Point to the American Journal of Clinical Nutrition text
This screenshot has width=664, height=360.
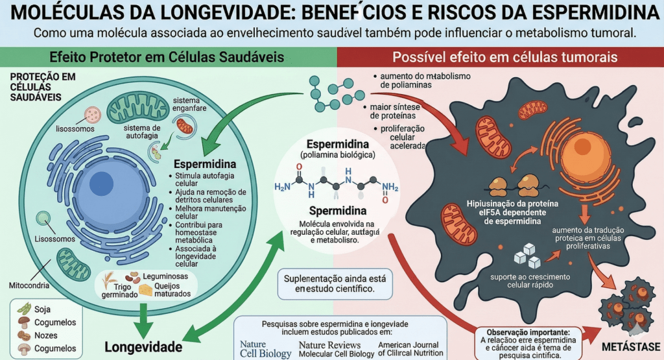410,349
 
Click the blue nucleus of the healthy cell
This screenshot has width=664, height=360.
103,182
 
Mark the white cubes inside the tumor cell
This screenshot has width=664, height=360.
527,255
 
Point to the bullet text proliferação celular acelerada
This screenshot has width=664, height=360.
402,137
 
